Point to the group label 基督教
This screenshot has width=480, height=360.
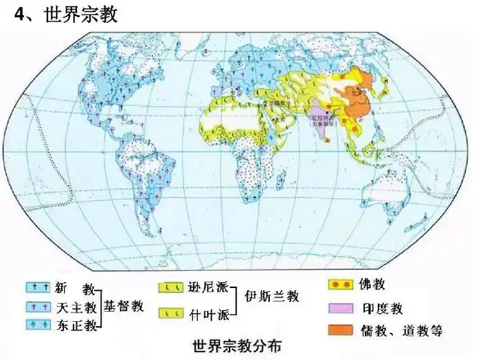(x=124, y=307)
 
